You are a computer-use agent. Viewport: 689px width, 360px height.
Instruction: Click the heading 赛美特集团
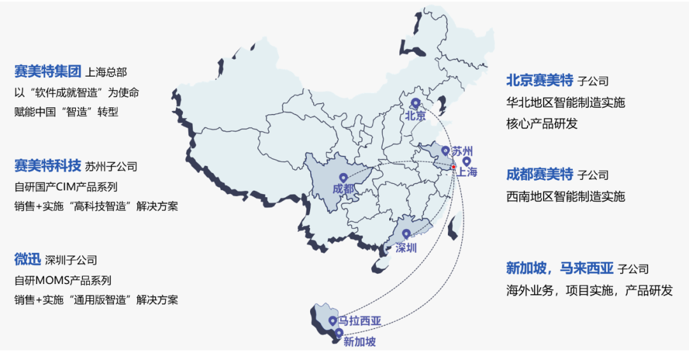pyautogui.click(x=48, y=71)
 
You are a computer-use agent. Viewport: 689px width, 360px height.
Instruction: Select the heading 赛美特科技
pyautogui.click(x=48, y=166)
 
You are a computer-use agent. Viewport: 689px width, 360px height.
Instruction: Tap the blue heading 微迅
pyautogui.click(x=27, y=259)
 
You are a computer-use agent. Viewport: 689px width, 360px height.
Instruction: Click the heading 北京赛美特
pyautogui.click(x=540, y=80)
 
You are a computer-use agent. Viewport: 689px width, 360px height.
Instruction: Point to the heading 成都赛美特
pyautogui.click(x=540, y=174)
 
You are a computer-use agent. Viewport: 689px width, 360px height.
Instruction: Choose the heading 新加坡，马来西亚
pyautogui.click(x=559, y=268)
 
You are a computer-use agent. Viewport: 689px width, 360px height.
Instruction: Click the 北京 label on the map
pyautogui.click(x=415, y=116)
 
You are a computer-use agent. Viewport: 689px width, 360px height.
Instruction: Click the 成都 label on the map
pyautogui.click(x=343, y=190)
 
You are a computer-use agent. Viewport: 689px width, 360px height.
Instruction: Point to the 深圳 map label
pyautogui.click(x=406, y=248)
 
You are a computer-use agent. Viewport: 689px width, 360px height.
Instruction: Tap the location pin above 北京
pyautogui.click(x=415, y=103)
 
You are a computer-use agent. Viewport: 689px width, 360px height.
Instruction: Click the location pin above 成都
pyautogui.click(x=343, y=178)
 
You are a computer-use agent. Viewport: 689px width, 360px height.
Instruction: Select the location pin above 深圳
pyautogui.click(x=406, y=235)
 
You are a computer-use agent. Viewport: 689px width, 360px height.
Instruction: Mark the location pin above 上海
pyautogui.click(x=466, y=161)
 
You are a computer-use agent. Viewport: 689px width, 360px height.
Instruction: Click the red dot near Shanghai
pyautogui.click(x=454, y=167)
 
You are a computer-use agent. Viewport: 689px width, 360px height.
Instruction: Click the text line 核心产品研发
pyautogui.click(x=542, y=124)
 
